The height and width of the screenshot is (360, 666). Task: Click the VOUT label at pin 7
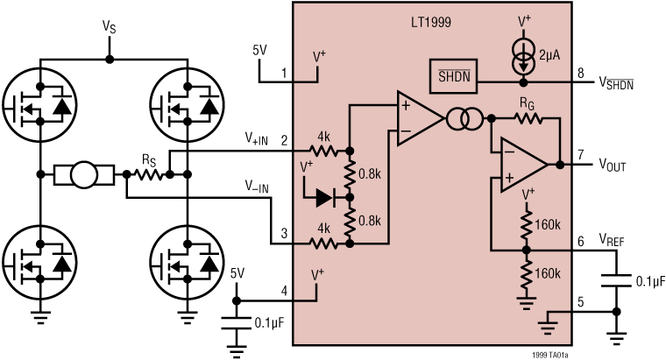pyautogui.click(x=615, y=164)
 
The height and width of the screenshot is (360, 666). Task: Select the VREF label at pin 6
pyautogui.click(x=614, y=237)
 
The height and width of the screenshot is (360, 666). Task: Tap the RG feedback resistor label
pyautogui.click(x=526, y=102)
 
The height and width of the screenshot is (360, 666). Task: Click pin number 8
pyautogui.click(x=579, y=73)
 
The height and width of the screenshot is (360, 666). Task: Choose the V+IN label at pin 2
pyautogui.click(x=259, y=139)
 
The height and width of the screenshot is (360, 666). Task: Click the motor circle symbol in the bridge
pyautogui.click(x=83, y=175)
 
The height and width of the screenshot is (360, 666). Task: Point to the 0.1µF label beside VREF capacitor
pyautogui.click(x=649, y=282)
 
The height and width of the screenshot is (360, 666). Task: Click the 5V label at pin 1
pyautogui.click(x=259, y=51)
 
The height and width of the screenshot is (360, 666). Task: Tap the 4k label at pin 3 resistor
pyautogui.click(x=323, y=229)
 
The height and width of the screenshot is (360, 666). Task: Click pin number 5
pyautogui.click(x=579, y=306)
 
